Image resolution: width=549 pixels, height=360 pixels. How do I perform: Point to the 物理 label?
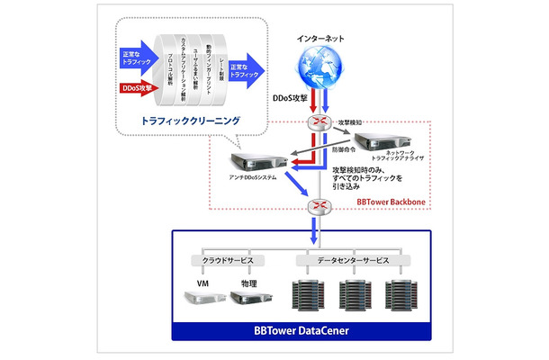point(249,283)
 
